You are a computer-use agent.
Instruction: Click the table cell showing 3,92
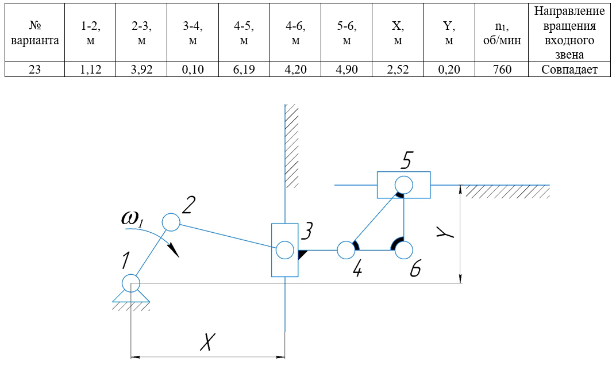tap(141, 70)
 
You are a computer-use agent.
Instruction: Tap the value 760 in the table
tap(501, 70)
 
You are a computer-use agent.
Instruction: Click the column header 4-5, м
tap(244, 33)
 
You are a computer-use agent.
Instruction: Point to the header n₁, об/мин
tap(501, 33)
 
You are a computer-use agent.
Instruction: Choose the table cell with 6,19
tap(244, 70)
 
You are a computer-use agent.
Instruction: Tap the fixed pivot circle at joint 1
tap(131, 282)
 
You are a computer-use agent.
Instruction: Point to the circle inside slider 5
tap(403, 185)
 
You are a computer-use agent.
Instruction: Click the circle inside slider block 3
tap(284, 250)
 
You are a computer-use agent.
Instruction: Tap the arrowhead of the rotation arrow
tap(174, 251)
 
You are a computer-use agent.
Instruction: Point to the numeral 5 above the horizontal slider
tap(406, 160)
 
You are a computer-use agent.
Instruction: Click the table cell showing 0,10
tap(192, 70)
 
